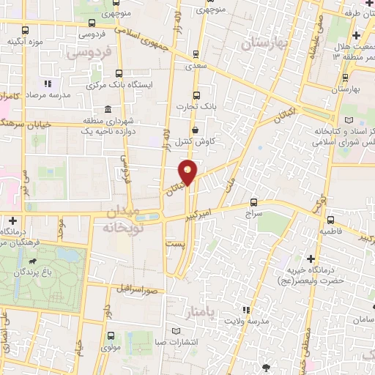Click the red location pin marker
point(188,171)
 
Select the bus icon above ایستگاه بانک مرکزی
point(119,73)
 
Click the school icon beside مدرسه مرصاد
point(49,83)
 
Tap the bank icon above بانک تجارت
point(196,94)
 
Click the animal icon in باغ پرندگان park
point(32,261)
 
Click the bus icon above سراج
point(253,201)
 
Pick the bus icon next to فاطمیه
point(331,219)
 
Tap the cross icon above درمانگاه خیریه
point(312,259)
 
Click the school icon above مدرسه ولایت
point(246,310)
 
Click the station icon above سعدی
point(196,53)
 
